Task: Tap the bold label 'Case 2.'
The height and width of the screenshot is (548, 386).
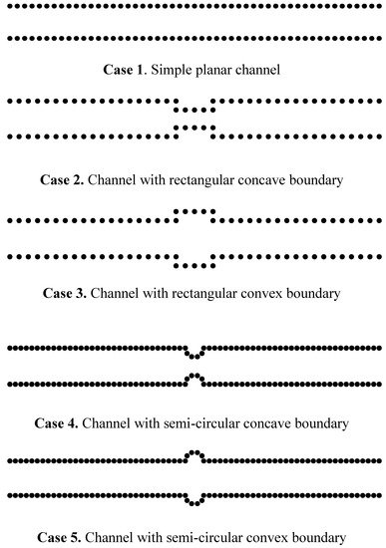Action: coord(63,181)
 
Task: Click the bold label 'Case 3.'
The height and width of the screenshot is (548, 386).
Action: coord(65,294)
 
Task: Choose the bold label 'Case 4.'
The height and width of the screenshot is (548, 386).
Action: coord(58,423)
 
